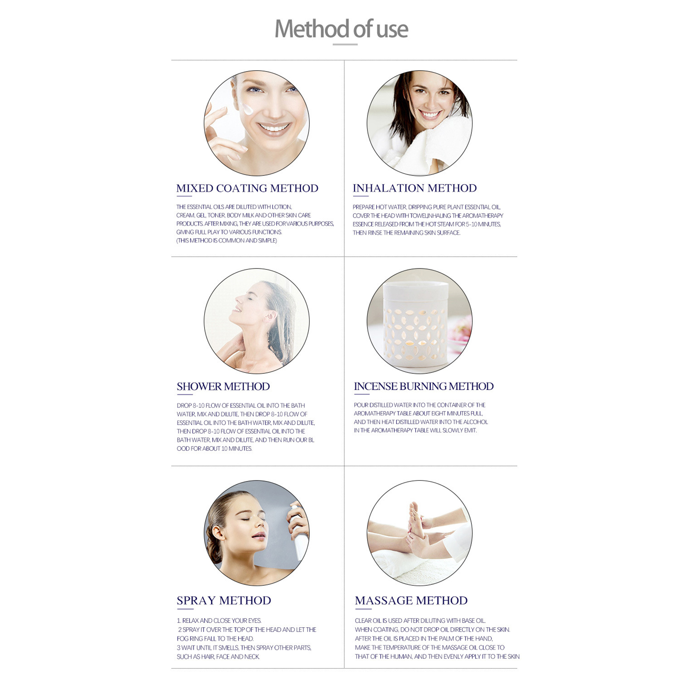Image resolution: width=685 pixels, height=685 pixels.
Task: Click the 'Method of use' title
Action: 341,29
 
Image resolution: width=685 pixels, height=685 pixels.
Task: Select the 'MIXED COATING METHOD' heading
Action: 247,188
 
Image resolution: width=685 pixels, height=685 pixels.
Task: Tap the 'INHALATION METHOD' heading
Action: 414,188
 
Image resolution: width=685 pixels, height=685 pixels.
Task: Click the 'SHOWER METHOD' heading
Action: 223,387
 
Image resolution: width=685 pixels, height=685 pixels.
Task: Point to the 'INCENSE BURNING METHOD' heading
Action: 423,386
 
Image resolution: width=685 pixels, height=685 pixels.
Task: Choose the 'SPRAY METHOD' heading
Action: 224,601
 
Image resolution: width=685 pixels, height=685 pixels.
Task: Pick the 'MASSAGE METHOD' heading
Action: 411,601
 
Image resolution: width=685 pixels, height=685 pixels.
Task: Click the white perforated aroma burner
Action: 415,325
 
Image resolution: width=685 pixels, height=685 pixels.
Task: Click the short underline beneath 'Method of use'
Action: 345,44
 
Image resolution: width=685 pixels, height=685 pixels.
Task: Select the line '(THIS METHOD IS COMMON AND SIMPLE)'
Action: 226,241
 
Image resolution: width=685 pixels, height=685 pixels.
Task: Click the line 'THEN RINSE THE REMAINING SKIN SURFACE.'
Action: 406,233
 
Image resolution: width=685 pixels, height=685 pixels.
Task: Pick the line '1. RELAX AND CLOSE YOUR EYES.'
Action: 219,621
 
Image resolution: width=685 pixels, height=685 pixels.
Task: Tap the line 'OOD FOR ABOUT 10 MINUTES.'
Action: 214,449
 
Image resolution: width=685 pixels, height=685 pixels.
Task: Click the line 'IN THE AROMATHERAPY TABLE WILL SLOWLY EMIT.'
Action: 415,430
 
